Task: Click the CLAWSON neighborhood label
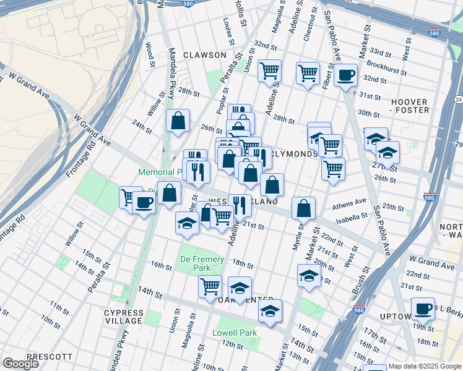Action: click(x=205, y=55)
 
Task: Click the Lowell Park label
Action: click(x=239, y=333)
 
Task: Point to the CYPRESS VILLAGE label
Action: click(x=124, y=317)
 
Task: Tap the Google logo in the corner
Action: click(x=20, y=364)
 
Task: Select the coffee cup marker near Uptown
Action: click(x=423, y=309)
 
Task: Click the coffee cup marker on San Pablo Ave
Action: click(x=345, y=76)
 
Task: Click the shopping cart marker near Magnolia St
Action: click(x=269, y=72)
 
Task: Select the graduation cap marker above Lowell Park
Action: click(x=269, y=312)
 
